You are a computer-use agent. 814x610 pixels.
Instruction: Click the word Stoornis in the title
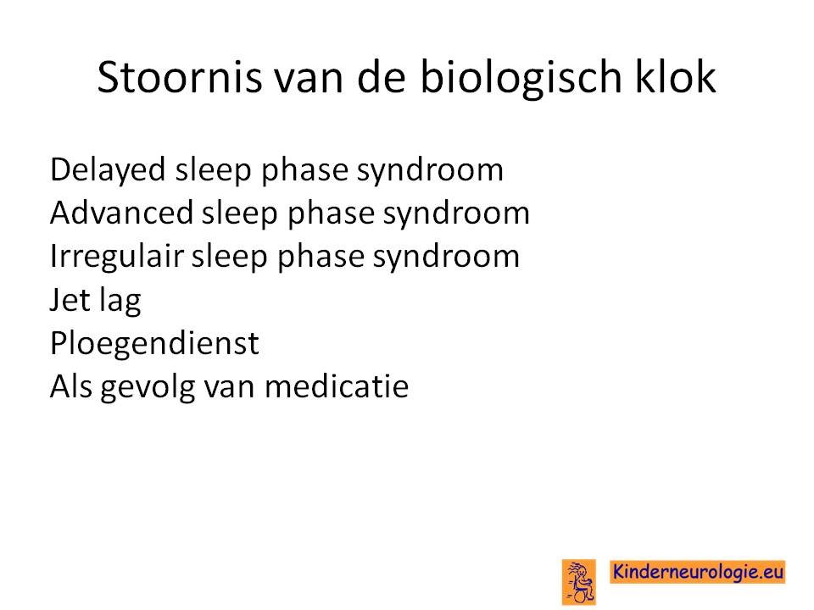[180, 77]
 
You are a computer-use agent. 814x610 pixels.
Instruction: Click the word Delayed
[108, 170]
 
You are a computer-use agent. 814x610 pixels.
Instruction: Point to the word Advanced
[121, 213]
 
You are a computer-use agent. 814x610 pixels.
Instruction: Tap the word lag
[120, 301]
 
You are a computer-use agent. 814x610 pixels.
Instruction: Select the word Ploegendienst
[154, 343]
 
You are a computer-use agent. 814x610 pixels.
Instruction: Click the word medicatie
[337, 386]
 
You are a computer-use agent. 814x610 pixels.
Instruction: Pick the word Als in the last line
[71, 386]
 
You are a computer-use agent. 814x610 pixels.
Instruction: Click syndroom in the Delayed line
[430, 170]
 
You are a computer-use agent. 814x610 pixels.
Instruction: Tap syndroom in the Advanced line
[456, 214]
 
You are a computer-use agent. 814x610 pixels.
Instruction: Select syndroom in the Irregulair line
[446, 258]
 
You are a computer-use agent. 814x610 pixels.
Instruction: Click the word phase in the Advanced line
[331, 214]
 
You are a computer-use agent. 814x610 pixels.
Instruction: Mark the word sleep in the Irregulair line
[229, 258]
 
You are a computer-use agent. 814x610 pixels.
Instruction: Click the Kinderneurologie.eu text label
[697, 572]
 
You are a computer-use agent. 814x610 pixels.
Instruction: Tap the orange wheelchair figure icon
[579, 582]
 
